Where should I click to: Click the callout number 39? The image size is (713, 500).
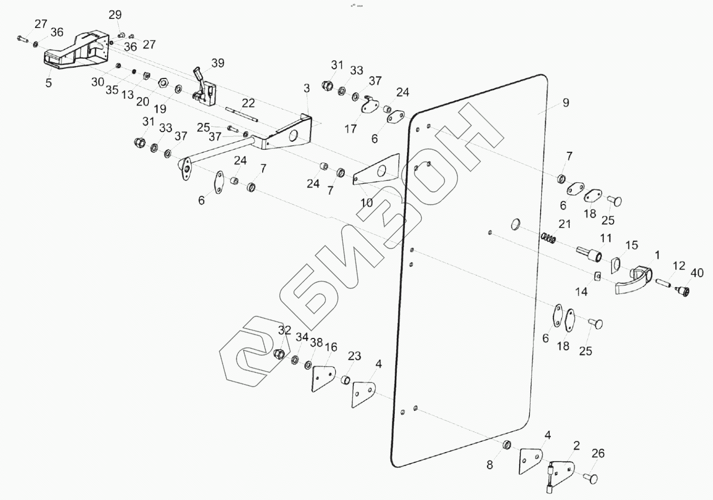(x=218, y=63)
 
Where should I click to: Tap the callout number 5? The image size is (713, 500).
(x=48, y=83)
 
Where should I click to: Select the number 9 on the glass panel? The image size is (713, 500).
(x=566, y=102)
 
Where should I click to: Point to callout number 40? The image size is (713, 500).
(x=697, y=274)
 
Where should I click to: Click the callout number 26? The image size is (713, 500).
(x=598, y=453)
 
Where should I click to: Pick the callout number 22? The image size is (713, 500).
(x=248, y=103)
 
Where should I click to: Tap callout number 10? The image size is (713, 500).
(x=367, y=202)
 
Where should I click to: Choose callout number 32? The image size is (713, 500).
(x=285, y=330)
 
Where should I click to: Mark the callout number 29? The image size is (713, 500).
(x=115, y=15)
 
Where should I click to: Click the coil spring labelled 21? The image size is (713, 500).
(x=549, y=237)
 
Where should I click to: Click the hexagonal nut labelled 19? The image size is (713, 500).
(x=164, y=83)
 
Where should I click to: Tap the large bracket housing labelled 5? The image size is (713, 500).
(x=77, y=51)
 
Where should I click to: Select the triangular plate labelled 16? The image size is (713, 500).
(x=323, y=378)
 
